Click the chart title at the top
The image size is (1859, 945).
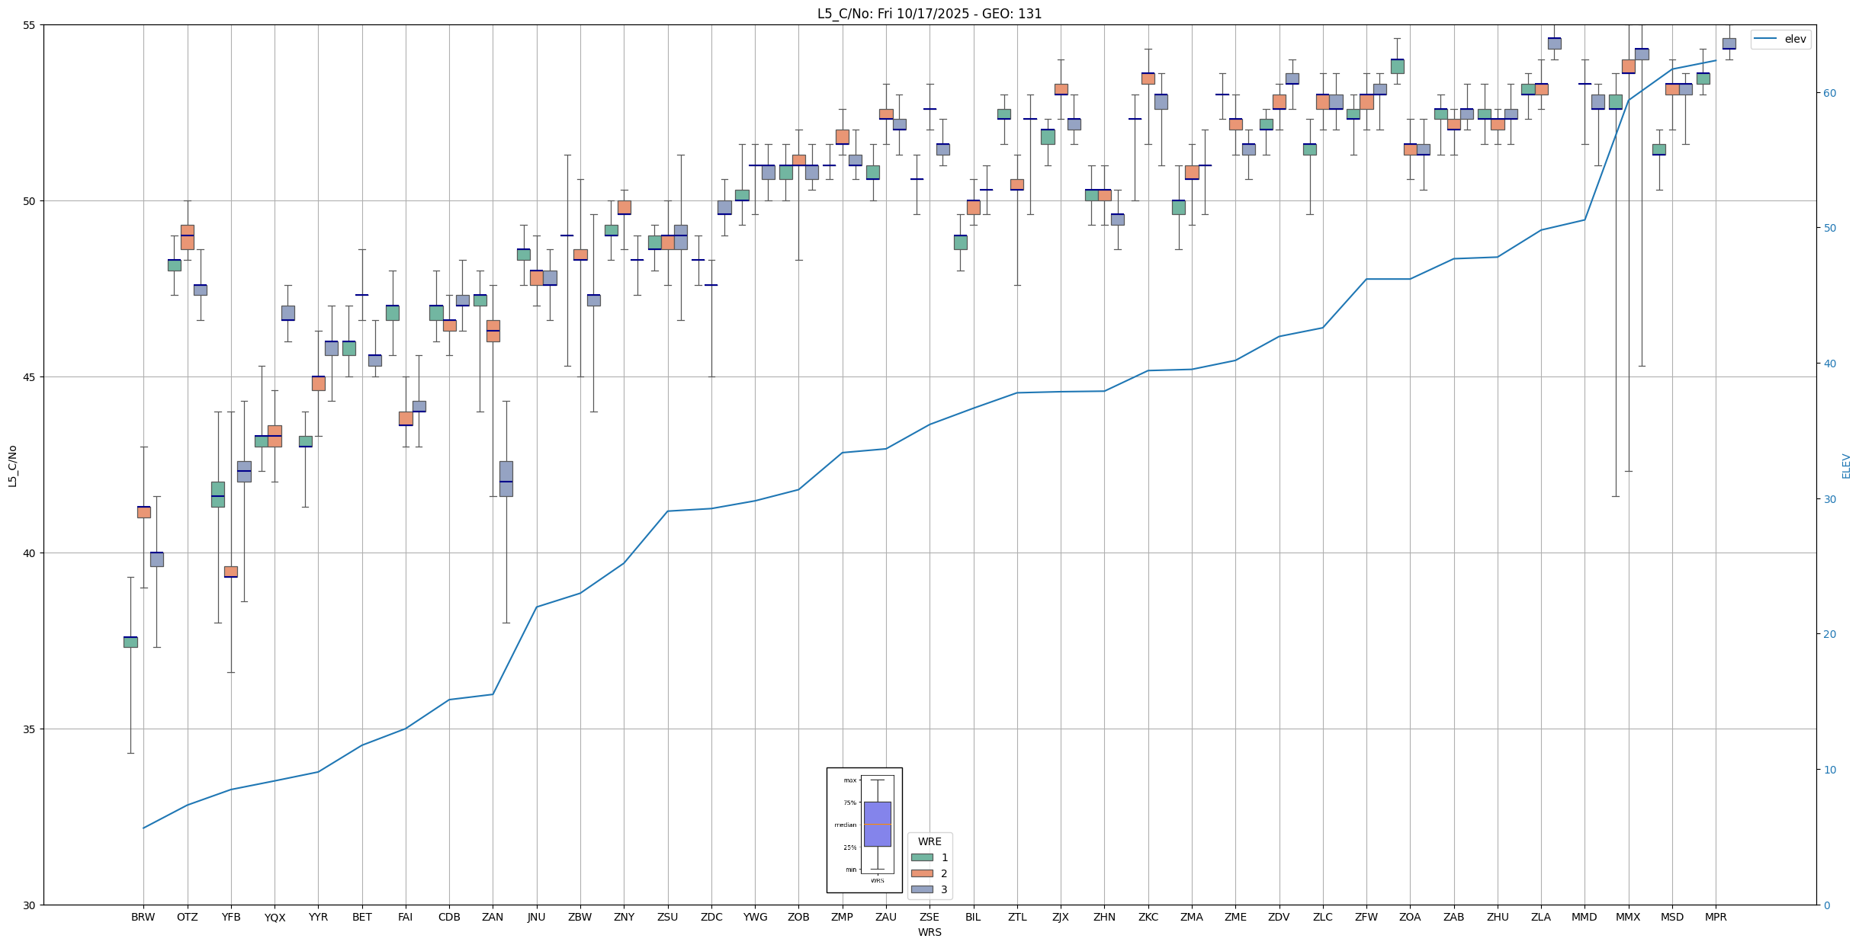pos(929,14)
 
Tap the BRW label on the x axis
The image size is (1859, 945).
pos(143,917)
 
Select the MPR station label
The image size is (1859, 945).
pos(1716,917)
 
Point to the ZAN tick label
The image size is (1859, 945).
pos(493,917)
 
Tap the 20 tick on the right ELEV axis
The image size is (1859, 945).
pos(1827,634)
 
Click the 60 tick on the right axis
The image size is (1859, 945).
pos(1827,93)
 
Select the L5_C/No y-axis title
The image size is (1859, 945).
pos(12,465)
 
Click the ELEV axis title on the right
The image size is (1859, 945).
pos(1846,465)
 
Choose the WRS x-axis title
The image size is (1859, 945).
pos(929,932)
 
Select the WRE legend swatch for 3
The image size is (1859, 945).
pos(921,889)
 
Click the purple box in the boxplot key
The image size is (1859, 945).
pos(877,824)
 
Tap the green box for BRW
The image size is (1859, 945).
pos(130,642)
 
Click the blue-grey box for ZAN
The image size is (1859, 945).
pos(506,479)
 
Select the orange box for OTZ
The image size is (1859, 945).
pos(187,237)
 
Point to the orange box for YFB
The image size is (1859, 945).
pos(230,572)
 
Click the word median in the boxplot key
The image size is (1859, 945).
pos(845,825)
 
